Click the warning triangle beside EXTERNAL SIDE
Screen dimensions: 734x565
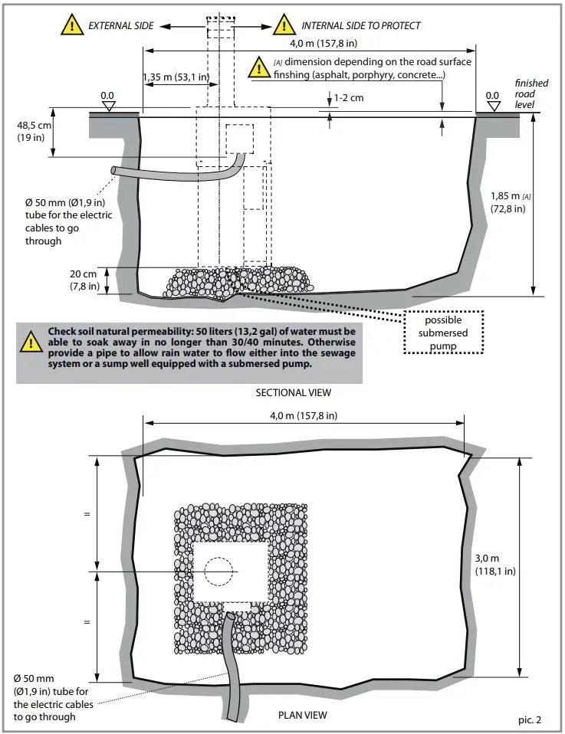[72, 25]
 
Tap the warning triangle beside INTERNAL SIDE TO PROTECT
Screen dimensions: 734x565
[284, 25]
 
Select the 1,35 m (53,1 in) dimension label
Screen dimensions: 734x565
[176, 77]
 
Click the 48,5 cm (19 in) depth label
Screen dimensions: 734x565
[34, 131]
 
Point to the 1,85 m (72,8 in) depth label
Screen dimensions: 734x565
[508, 202]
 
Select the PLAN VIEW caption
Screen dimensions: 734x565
[302, 715]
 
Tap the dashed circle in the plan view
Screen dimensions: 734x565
[218, 572]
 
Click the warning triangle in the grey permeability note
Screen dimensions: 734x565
[31, 342]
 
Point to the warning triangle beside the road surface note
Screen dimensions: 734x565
[259, 68]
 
